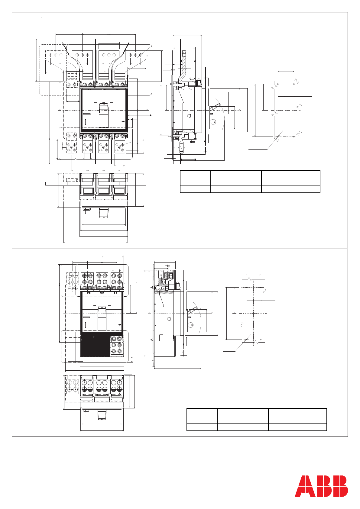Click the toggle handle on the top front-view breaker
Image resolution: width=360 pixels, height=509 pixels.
pos(104,115)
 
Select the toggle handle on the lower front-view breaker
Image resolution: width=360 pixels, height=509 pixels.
pos(102,318)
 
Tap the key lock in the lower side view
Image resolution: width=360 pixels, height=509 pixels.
pos(191,325)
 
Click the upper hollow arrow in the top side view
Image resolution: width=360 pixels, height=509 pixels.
pos(192,79)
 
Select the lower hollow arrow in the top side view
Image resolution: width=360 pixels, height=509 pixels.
pos(192,142)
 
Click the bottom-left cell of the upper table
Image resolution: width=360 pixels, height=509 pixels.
pos(195,189)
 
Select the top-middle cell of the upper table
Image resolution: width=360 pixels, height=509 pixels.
pos(236,178)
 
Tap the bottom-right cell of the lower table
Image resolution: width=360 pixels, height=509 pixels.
pos(297,427)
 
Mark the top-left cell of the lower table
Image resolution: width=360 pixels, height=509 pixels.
pos(202,416)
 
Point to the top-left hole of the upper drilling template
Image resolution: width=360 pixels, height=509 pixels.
pos(278,84)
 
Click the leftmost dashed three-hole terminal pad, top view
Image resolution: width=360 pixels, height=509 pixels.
pos(56,62)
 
